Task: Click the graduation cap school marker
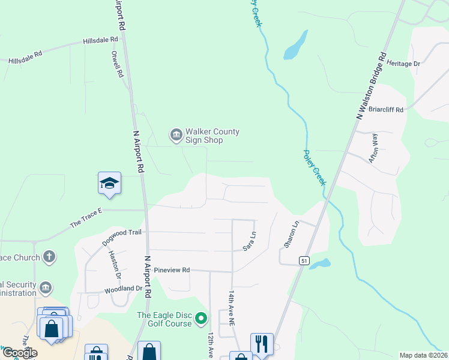coord(110,184)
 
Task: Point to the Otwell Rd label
coord(116,64)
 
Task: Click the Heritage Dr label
coord(403,63)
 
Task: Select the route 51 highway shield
coord(304,260)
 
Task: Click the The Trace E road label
coord(87,218)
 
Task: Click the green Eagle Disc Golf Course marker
coord(202,318)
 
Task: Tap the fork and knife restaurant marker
coord(262,344)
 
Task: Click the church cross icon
coord(49,257)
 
